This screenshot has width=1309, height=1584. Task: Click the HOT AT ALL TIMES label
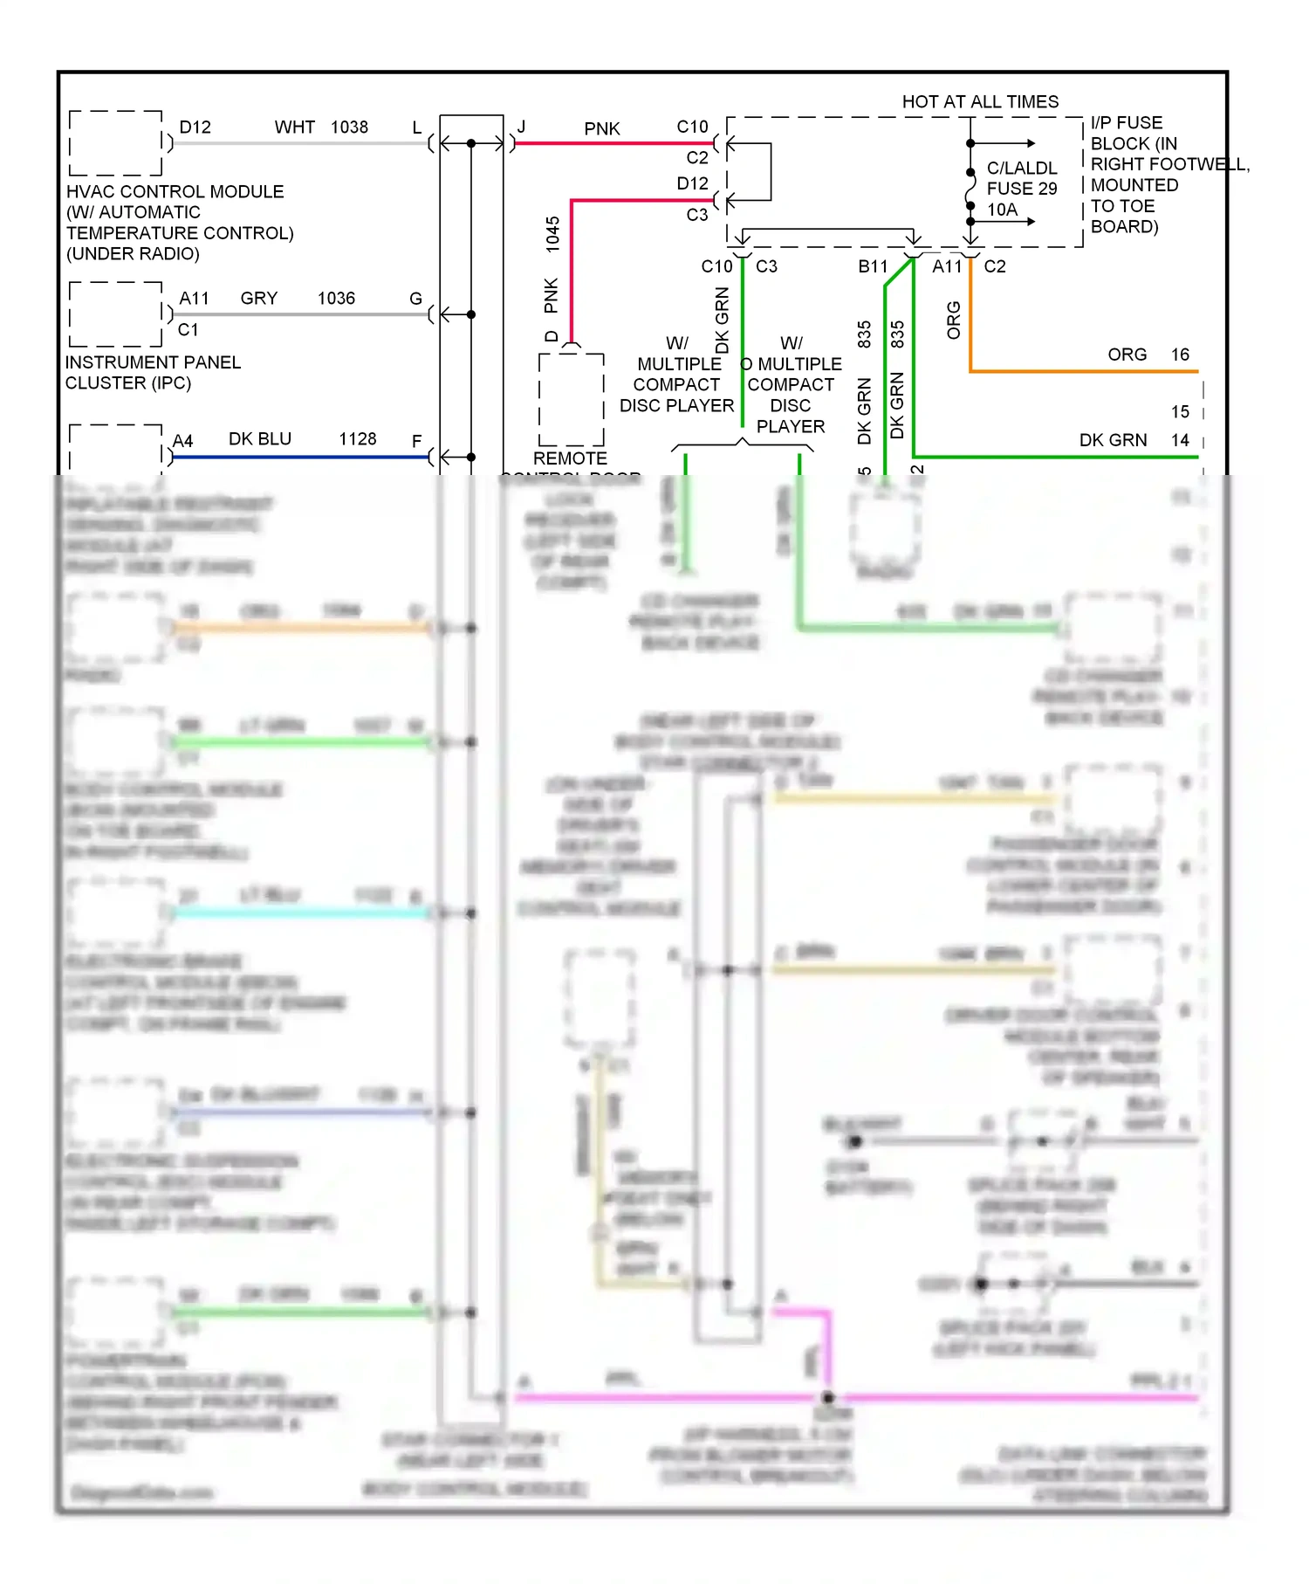tap(979, 102)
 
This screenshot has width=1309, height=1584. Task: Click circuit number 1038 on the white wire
tap(349, 127)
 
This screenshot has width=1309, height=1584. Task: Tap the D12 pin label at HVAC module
tap(195, 127)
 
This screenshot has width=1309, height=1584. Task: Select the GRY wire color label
tap(258, 299)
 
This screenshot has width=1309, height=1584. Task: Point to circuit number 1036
tap(336, 299)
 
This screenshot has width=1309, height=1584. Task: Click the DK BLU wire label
tap(259, 439)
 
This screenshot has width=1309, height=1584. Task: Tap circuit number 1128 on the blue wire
tap(357, 439)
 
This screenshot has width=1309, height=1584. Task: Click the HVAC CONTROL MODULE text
tap(175, 192)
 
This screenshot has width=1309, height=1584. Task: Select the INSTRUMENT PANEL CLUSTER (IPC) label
tap(152, 373)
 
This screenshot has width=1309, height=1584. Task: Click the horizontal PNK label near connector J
tap(601, 129)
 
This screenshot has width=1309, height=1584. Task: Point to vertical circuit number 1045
tap(552, 235)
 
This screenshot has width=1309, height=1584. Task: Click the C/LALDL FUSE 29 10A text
tap(1021, 189)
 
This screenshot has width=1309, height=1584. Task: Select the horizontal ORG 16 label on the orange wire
tap(1148, 355)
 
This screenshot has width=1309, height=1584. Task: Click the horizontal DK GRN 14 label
tap(1133, 440)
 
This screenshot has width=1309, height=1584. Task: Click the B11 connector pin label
tap(872, 266)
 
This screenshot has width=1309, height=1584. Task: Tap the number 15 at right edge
tap(1180, 411)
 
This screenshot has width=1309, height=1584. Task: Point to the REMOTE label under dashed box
tap(570, 458)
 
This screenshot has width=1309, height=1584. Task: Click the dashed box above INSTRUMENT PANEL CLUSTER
tap(115, 314)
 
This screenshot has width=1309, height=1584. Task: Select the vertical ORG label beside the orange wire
tap(953, 320)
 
